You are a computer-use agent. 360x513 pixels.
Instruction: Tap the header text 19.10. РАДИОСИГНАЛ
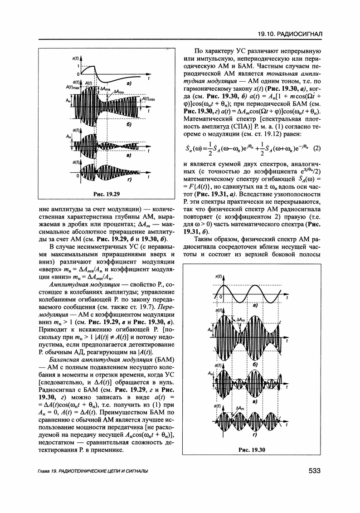click(289, 34)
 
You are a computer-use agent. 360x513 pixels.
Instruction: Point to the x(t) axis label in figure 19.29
click(76, 59)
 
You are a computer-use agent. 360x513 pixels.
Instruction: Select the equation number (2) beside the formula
click(317, 148)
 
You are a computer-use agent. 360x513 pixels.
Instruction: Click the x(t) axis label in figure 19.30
click(219, 276)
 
